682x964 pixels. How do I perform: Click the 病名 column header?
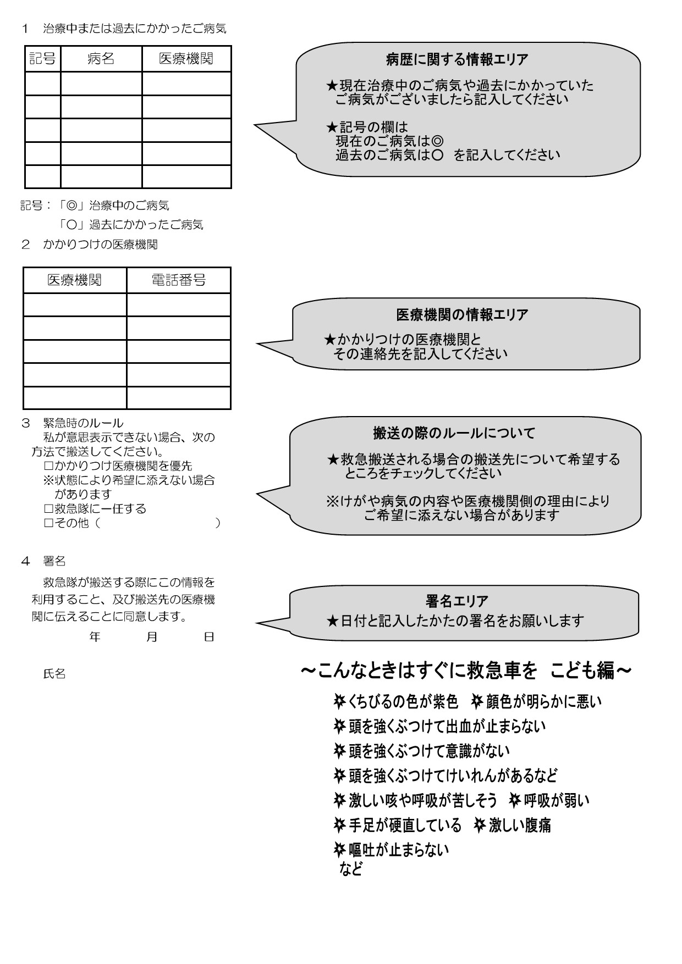coord(101,59)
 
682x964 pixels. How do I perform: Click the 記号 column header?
coord(42,59)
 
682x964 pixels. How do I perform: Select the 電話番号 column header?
coord(178,280)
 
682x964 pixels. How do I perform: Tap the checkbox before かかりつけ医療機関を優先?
coord(48,466)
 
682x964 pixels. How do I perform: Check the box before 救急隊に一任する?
coord(48,509)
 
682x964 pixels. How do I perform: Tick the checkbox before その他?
coord(48,523)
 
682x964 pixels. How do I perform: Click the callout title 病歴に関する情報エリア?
coord(457,59)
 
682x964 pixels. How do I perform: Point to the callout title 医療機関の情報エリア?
coord(462,314)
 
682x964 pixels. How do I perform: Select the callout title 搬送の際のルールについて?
coord(454,434)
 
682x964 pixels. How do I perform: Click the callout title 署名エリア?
coord(457,601)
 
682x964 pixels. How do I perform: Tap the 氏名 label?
coord(54,674)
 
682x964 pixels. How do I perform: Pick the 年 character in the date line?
coord(95,637)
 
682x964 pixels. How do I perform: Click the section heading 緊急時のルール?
coord(83,423)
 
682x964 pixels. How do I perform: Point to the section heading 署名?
coord(54,561)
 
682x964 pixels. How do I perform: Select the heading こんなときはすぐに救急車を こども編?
coord(466,671)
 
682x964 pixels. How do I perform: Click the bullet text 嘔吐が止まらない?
coord(398,850)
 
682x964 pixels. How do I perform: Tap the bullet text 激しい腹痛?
coord(519,825)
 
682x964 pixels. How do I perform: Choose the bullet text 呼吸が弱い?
coord(556,800)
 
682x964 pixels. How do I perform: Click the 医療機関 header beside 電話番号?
coord(74,280)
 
